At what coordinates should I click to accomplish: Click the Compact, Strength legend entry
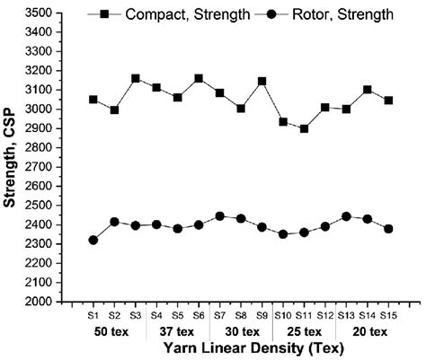[x=180, y=13]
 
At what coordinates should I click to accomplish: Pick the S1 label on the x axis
[x=93, y=315]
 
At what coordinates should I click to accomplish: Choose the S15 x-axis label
[x=388, y=315]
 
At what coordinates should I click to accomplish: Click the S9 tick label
[x=262, y=315]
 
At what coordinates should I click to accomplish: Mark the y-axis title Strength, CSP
[x=13, y=157]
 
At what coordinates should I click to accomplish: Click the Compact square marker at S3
[x=136, y=78]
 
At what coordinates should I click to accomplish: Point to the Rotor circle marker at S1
[x=93, y=240]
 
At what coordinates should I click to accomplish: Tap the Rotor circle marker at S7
[x=220, y=216]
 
